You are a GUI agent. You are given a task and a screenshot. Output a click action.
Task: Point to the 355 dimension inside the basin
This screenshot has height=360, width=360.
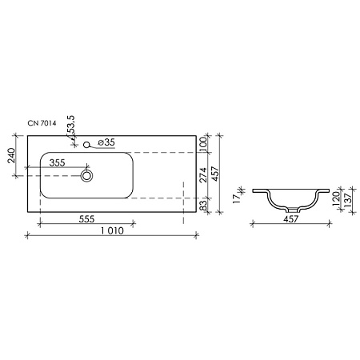[57, 162]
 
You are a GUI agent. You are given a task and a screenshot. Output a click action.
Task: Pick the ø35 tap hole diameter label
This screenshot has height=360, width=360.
[106, 142]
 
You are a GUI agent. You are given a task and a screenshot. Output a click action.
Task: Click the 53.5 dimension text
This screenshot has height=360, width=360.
[71, 128]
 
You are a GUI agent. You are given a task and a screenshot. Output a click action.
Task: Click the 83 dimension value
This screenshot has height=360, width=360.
[204, 206]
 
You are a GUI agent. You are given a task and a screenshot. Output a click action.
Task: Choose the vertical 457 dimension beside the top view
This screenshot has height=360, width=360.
[216, 174]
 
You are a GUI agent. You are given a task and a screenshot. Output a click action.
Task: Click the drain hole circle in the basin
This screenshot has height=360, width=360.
[86, 174]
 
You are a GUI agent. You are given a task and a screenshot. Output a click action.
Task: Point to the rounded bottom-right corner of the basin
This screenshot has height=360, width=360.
[127, 194]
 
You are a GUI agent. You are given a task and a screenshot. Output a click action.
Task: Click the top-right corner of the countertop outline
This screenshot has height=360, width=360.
[197, 134]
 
